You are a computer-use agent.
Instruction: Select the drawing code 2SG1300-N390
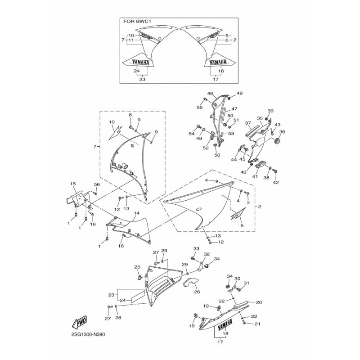click(x=88, y=334)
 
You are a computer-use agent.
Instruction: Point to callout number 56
click(x=97, y=184)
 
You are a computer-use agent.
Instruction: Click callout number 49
click(x=240, y=93)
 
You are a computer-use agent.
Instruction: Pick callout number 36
click(x=282, y=132)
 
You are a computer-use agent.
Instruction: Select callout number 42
click(x=276, y=183)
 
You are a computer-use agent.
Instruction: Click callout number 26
click(x=197, y=292)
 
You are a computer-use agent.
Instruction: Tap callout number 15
click(x=73, y=184)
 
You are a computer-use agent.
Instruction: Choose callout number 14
click(x=137, y=213)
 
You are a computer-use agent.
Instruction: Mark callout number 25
click(x=137, y=267)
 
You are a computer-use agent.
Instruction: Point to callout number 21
click(x=257, y=324)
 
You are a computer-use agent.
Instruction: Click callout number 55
click(x=200, y=108)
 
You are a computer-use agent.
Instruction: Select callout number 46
click(x=210, y=94)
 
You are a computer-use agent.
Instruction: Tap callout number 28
click(x=118, y=318)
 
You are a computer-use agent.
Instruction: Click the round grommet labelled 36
click(x=277, y=140)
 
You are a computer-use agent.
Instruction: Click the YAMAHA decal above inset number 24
click(x=140, y=63)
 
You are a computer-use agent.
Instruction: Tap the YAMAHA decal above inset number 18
click(x=218, y=63)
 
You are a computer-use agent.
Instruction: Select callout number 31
click(x=246, y=283)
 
